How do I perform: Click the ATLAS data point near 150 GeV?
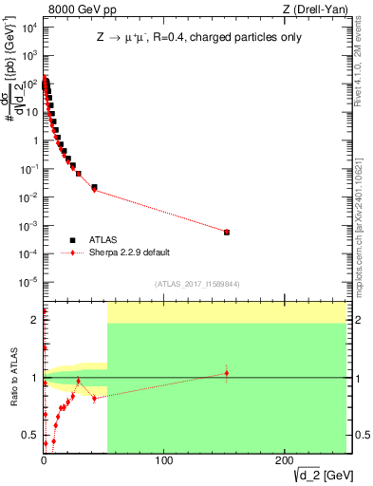click(226, 232)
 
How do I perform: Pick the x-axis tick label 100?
click(164, 460)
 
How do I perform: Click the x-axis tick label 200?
click(284, 460)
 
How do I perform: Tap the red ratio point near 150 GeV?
click(226, 373)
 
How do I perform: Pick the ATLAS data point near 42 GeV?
click(94, 188)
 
